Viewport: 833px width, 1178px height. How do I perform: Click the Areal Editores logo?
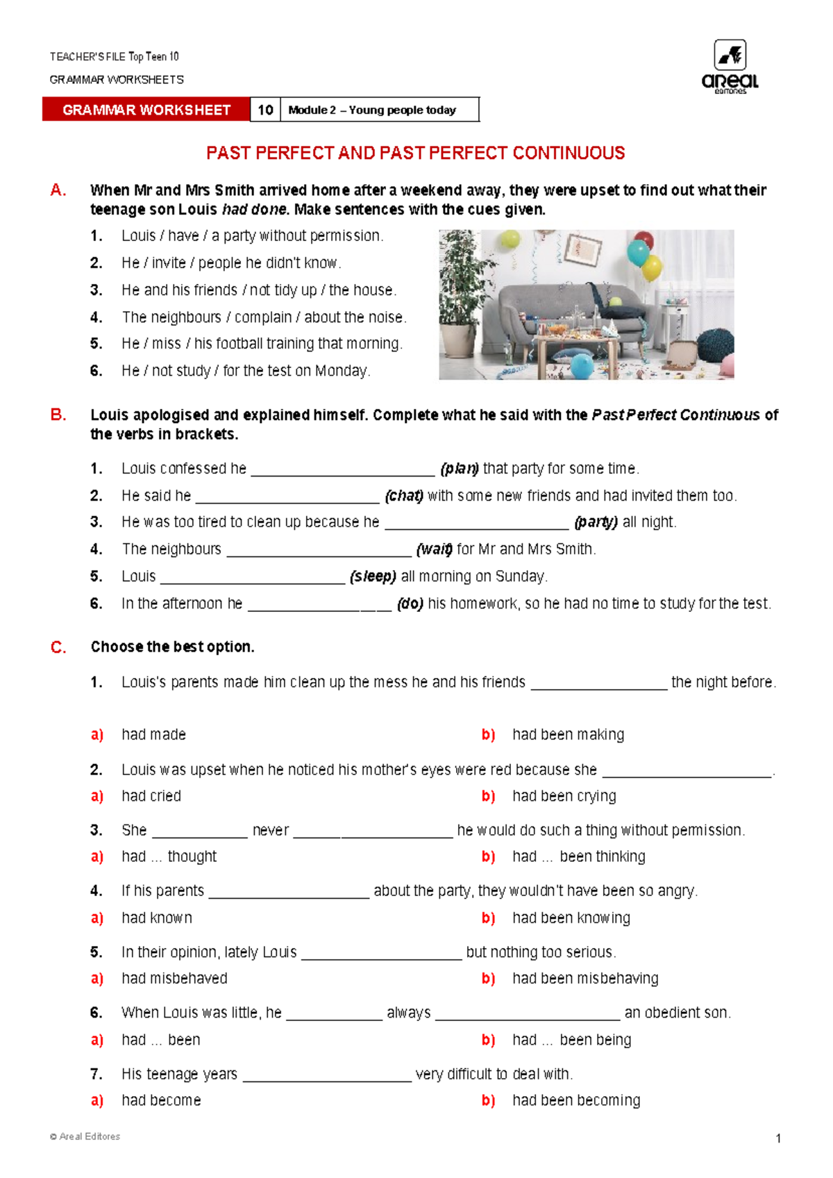click(730, 67)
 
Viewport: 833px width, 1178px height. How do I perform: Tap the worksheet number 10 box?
click(265, 110)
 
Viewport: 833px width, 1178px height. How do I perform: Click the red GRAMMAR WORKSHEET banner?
click(146, 110)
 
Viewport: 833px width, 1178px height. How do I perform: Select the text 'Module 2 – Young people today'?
click(372, 110)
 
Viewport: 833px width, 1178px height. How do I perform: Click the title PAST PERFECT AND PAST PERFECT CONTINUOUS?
click(415, 153)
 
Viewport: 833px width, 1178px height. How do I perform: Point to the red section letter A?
click(58, 190)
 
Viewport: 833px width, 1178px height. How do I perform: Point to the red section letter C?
click(58, 647)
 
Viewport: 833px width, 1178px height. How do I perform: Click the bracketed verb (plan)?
click(460, 469)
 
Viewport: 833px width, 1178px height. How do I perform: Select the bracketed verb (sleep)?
click(373, 576)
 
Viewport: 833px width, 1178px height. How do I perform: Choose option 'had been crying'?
click(564, 796)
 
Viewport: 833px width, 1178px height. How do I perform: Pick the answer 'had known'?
click(157, 918)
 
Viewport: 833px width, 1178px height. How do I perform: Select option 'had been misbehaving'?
click(585, 979)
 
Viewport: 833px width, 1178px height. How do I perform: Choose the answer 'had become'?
click(161, 1100)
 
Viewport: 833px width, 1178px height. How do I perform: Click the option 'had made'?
click(153, 735)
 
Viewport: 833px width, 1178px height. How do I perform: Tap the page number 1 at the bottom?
click(778, 1138)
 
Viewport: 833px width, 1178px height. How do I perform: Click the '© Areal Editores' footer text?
click(85, 1136)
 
